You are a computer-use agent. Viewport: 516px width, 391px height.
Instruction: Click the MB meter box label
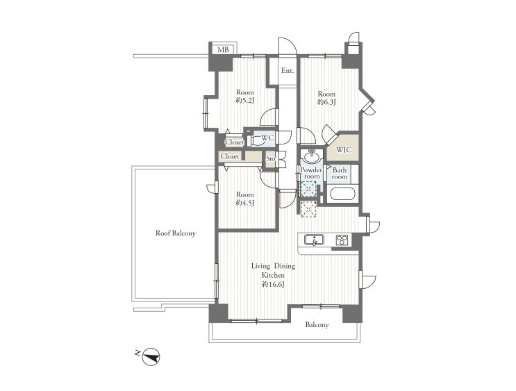coord(223,50)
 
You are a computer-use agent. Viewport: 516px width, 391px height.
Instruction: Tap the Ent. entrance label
coord(288,71)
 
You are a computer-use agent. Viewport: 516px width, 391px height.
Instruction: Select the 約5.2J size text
coord(245,101)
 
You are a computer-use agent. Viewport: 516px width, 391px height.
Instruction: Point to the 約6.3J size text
coord(326,102)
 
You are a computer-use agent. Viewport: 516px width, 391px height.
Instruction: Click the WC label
coord(267,138)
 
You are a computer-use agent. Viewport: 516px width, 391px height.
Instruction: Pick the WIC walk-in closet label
coord(344,150)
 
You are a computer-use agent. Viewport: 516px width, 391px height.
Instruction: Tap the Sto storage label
coord(271,158)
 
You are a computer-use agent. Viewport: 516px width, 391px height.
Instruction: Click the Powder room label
coord(311,173)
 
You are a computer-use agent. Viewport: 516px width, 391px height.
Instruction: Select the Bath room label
coord(340,174)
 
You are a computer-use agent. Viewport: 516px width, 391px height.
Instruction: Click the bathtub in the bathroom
coord(344,194)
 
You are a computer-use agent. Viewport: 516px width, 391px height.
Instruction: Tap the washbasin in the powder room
coord(312,156)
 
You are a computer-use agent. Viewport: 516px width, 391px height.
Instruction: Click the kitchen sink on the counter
coord(315,240)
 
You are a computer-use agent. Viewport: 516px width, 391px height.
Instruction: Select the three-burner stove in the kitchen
coord(342,240)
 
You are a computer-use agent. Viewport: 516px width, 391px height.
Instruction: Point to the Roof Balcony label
coord(176,233)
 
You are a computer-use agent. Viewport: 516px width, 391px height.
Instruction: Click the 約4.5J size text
coord(245,203)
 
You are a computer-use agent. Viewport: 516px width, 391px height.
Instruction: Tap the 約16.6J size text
coord(273,285)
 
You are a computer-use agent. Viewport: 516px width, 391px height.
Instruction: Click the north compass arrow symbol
coord(151,356)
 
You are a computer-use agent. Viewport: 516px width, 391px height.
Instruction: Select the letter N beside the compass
coord(138,353)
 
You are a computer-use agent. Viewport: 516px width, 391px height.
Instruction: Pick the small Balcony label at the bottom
coord(317,325)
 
